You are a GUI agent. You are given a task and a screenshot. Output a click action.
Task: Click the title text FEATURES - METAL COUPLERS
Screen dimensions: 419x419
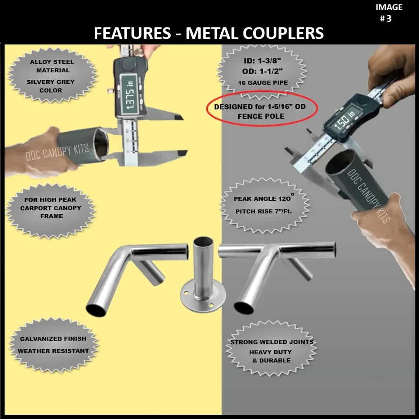[x=209, y=34]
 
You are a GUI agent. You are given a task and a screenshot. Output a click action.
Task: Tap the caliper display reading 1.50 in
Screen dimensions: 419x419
[x=343, y=123]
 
